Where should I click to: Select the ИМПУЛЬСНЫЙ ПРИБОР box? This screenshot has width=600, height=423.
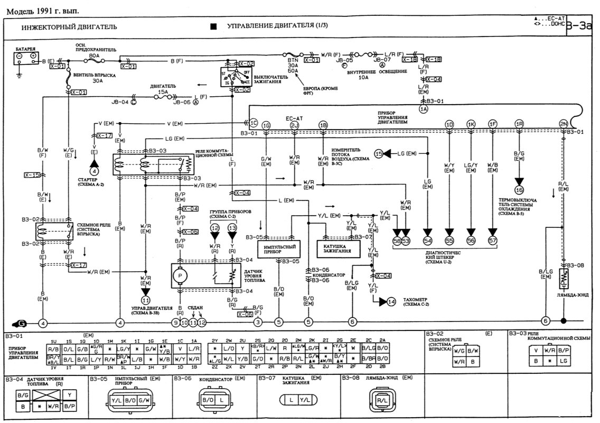(276, 248)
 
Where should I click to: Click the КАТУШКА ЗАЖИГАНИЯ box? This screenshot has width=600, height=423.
(334, 248)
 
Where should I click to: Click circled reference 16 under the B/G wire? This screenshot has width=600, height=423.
(519, 189)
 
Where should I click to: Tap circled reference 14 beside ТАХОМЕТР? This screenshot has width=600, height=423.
(391, 302)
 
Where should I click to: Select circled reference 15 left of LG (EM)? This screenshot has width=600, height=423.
(379, 153)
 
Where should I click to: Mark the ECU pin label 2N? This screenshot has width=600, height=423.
(563, 124)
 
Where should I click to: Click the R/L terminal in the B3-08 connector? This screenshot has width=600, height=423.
(380, 401)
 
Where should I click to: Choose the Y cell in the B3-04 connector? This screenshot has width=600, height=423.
(70, 394)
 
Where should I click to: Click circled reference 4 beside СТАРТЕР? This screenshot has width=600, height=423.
(95, 171)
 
